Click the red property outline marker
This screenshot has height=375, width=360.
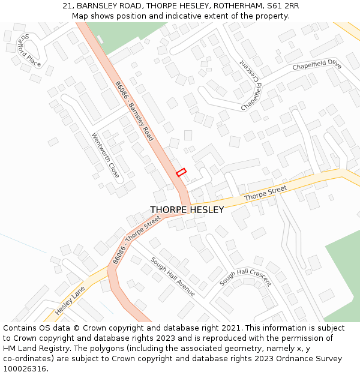point(181,172)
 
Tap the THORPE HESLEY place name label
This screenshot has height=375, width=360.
point(187,210)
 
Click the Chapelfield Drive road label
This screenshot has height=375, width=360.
point(317,65)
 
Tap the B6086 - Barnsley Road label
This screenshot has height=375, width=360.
point(134,112)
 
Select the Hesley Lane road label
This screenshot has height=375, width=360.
point(71,301)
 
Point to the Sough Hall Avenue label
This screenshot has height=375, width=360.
point(173,276)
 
